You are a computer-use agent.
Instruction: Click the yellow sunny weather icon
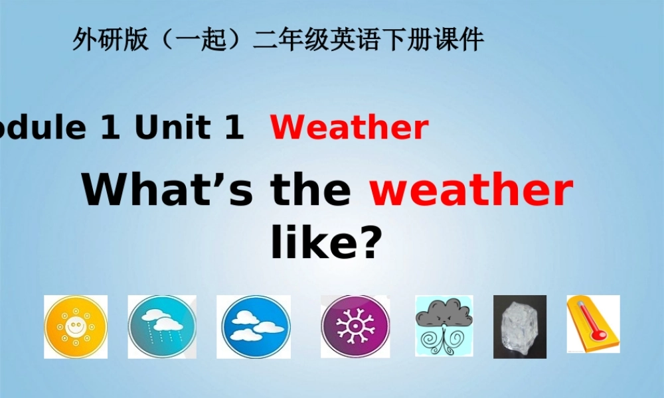76,327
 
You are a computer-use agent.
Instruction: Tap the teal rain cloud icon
162,327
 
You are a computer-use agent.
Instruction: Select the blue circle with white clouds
253,327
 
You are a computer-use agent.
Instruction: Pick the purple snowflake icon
355,327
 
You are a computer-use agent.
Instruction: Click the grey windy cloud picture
444,326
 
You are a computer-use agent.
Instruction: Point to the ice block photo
520,326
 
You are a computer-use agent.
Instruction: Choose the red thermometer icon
592,324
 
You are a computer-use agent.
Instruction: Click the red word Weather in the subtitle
349,128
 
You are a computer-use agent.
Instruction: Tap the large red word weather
471,190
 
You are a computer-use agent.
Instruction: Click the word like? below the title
327,243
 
